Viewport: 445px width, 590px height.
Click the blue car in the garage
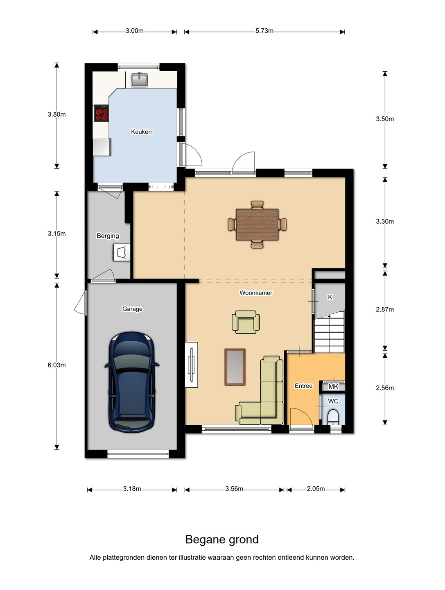(x=131, y=382)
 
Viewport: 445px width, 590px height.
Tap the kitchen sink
(x=139, y=80)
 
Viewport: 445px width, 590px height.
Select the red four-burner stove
(x=102, y=113)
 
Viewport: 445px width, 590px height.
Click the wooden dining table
(x=257, y=225)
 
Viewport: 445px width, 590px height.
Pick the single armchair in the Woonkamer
(x=246, y=322)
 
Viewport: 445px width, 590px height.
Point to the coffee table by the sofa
(x=235, y=367)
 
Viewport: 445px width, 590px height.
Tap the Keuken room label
(x=141, y=132)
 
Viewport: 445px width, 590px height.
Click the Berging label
(x=108, y=236)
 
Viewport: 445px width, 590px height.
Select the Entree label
(x=303, y=386)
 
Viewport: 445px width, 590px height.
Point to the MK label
(x=333, y=386)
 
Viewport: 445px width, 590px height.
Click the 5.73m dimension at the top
(x=264, y=31)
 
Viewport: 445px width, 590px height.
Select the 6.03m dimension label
(x=56, y=365)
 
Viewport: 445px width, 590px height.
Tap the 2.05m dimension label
(x=316, y=489)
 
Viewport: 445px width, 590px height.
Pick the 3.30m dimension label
(x=384, y=222)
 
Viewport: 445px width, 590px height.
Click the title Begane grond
(x=222, y=540)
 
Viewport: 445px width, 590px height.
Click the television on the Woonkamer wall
(x=192, y=365)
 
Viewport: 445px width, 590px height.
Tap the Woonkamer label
(x=256, y=293)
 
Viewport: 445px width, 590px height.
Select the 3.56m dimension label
(x=234, y=489)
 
